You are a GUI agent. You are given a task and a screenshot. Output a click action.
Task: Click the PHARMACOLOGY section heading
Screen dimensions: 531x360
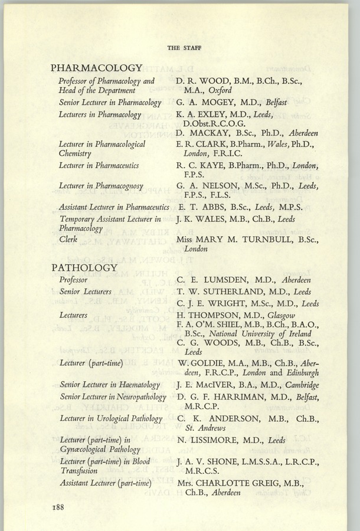(x=97, y=68)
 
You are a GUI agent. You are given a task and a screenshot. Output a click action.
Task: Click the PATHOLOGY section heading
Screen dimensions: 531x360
(x=84, y=268)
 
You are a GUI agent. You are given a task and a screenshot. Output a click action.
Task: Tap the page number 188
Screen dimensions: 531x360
(x=63, y=507)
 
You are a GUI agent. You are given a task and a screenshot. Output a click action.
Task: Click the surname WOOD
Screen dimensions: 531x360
(x=215, y=81)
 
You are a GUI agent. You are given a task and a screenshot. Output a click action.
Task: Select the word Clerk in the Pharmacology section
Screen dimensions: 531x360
(x=68, y=241)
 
